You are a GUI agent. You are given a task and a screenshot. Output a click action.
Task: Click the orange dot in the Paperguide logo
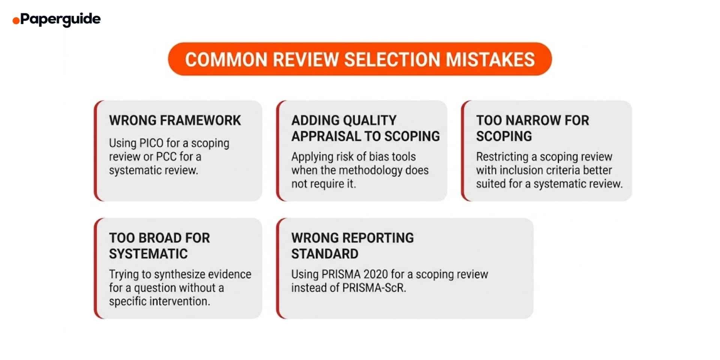click(16, 21)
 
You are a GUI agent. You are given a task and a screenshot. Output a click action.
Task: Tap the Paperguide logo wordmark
click(60, 19)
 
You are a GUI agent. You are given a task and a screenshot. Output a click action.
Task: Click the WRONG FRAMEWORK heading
click(175, 120)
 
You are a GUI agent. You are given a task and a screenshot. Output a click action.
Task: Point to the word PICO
click(151, 143)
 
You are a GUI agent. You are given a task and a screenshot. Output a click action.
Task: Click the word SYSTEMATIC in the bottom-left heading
click(148, 254)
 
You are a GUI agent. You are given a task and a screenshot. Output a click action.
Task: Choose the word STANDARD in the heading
click(325, 254)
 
